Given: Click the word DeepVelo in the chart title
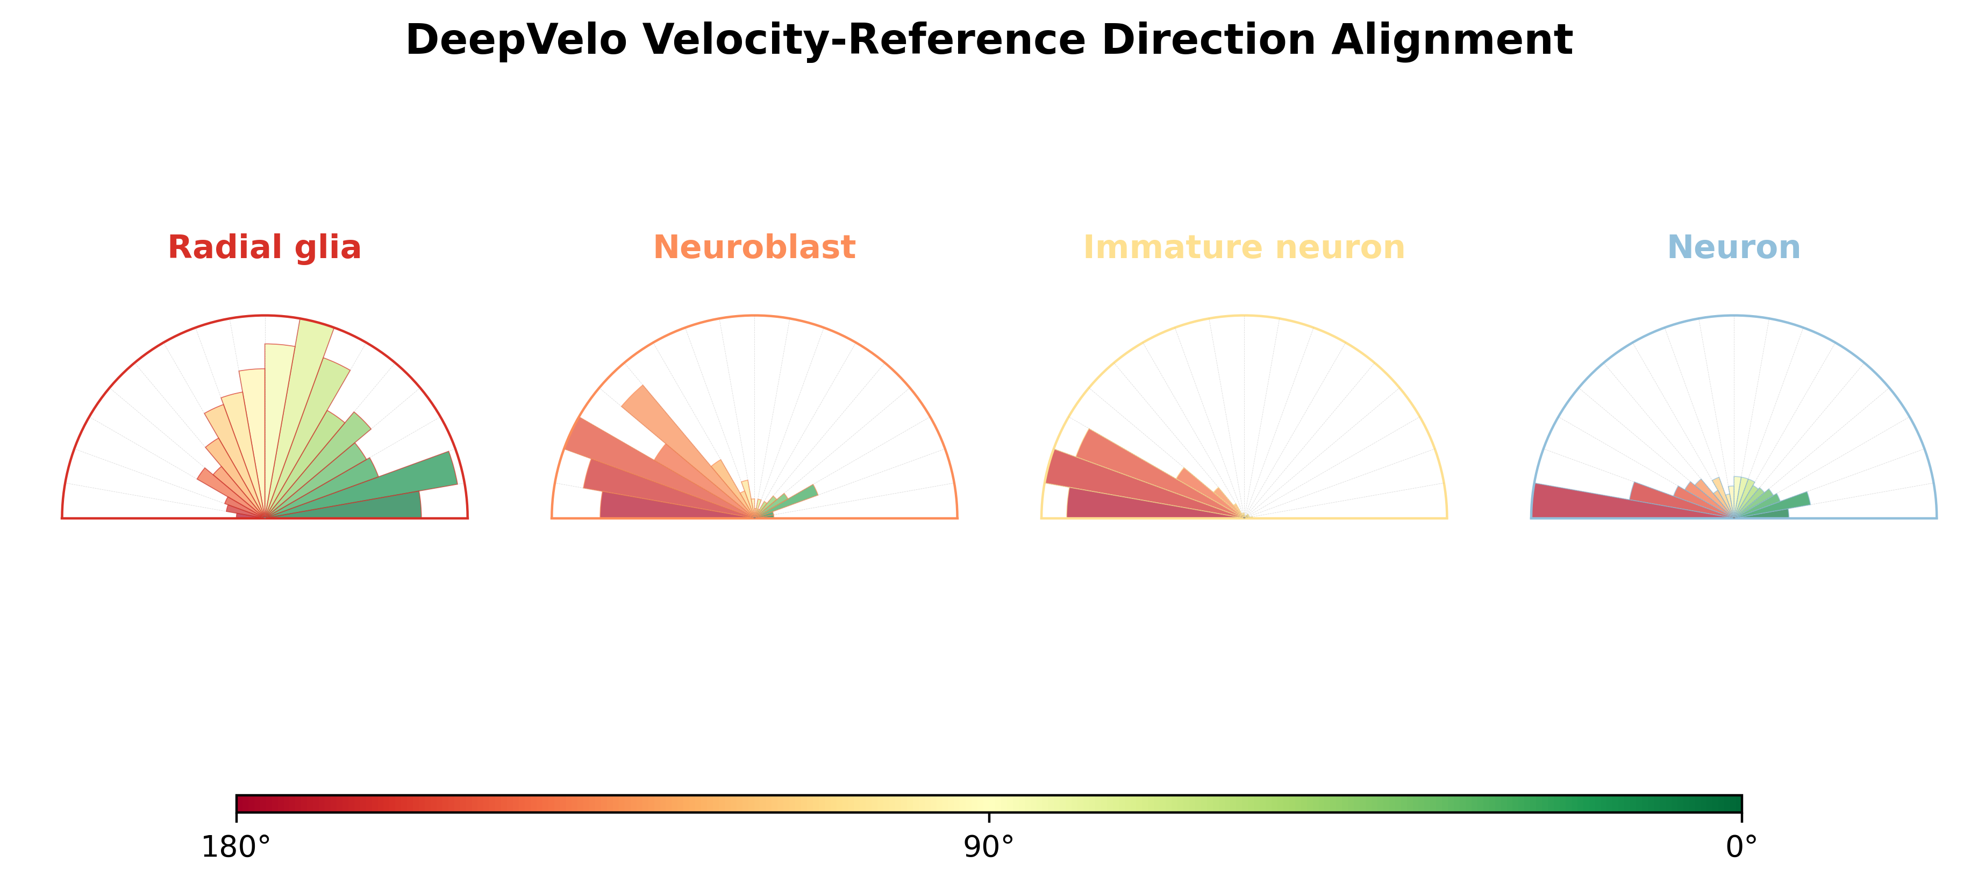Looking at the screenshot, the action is point(516,40).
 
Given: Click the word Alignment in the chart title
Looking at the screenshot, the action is point(1452,40).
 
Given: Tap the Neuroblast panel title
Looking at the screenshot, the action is point(754,247).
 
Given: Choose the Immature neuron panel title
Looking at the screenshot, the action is point(1244,247).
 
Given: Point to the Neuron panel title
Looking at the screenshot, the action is point(1734,247).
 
